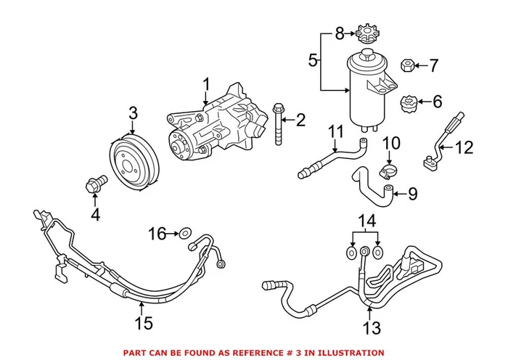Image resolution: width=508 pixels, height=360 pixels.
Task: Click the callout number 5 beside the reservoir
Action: (313, 61)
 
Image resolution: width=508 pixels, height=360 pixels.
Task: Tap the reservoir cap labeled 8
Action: (364, 35)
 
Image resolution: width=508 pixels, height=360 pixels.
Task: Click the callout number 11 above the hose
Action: (335, 131)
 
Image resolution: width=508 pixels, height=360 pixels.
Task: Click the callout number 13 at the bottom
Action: (372, 330)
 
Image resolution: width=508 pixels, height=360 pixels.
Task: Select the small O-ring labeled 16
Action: (186, 233)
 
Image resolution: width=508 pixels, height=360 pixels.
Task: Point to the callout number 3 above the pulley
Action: (133, 113)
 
